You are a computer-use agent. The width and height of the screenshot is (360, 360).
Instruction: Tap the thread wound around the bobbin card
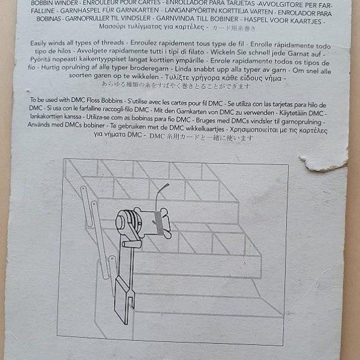[x=155, y=226]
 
